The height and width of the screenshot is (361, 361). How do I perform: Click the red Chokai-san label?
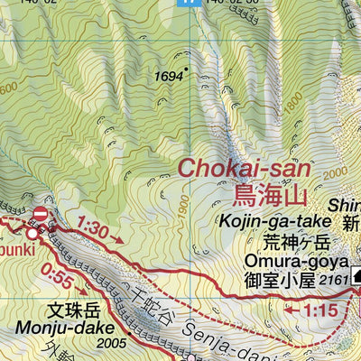pyautogui.click(x=244, y=168)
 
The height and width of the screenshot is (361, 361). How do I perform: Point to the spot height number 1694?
pyautogui.click(x=168, y=78)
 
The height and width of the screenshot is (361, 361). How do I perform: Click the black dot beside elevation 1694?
pyautogui.click(x=187, y=69)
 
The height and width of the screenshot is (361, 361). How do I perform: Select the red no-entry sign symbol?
pyautogui.click(x=40, y=214)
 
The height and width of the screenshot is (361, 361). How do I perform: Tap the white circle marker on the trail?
pyautogui.click(x=32, y=233)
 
